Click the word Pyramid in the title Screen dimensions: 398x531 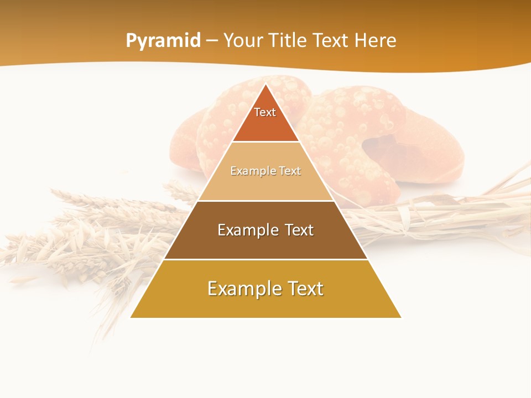point(163,41)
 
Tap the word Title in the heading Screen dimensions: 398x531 point(289,41)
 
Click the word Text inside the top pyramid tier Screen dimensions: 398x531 point(265,112)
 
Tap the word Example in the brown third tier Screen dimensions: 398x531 point(246,230)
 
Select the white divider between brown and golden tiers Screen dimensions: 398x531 point(265,259)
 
